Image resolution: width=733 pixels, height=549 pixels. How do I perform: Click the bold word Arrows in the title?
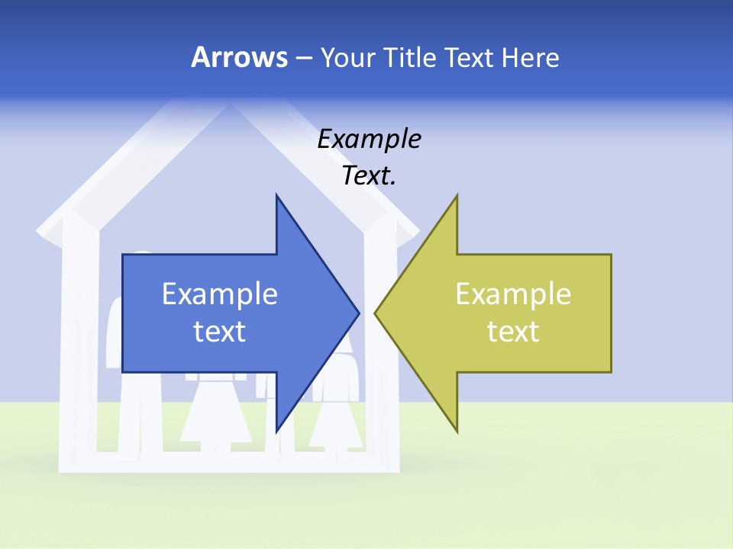point(239,57)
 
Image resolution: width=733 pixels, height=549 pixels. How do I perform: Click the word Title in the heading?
point(408,57)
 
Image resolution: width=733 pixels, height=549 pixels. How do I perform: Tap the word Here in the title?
point(530,57)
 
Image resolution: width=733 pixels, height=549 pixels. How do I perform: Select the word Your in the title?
point(347,57)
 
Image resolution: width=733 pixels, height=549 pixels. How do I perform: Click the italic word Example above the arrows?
point(369,140)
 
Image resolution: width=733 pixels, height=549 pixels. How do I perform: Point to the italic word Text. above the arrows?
point(369,176)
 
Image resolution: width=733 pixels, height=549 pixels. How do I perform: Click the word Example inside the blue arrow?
point(220,294)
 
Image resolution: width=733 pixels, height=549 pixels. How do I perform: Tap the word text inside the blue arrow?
point(220,331)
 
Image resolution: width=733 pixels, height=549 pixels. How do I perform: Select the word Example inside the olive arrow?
point(513,294)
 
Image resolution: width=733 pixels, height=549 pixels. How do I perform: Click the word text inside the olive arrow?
point(513,331)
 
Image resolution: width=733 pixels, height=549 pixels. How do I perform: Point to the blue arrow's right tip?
point(357,313)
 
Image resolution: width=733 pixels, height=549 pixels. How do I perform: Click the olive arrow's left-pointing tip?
point(376,313)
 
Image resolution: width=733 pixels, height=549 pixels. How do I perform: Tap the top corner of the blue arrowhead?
point(277,196)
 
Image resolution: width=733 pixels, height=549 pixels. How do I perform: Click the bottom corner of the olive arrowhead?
point(457,431)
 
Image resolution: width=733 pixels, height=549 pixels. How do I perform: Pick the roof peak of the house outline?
point(230,107)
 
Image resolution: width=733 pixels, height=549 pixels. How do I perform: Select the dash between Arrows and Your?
point(303,58)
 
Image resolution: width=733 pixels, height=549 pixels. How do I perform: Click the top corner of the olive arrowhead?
point(457,196)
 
